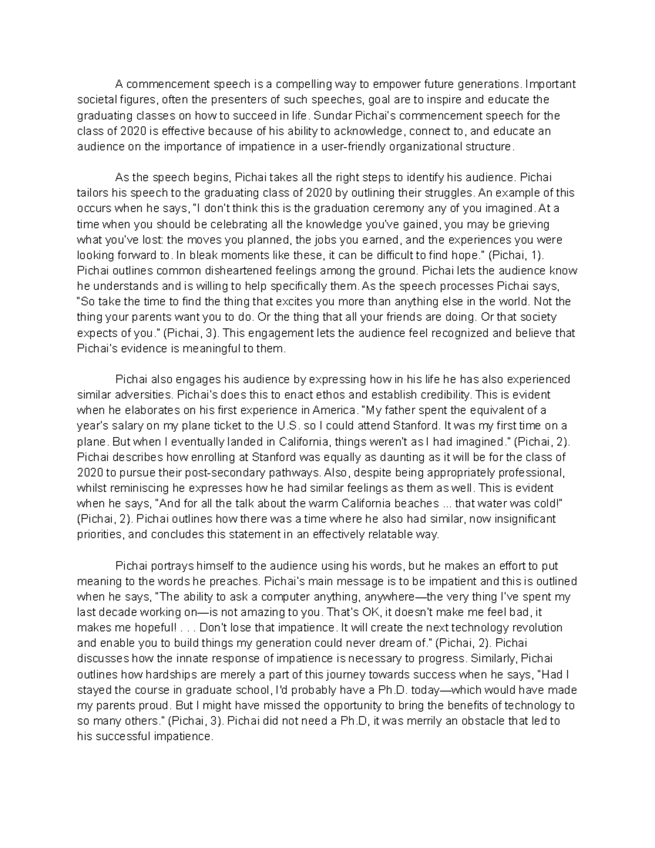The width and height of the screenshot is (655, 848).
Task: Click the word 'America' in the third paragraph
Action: pos(333,410)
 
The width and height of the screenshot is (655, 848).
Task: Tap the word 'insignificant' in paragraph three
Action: pos(523,519)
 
